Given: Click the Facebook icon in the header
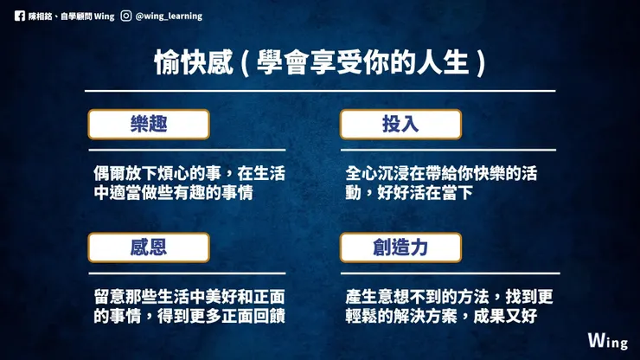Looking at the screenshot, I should pos(20,15).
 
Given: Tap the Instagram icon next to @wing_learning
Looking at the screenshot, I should pos(127,15).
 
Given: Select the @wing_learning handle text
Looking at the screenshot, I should pos(169,15).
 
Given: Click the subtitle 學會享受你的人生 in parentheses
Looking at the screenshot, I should pos(359,62).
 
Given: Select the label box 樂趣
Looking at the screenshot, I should pos(148,124).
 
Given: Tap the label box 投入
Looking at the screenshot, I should pos(400,124).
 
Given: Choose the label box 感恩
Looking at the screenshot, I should pos(148,247).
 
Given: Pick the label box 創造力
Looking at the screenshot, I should pos(400,247).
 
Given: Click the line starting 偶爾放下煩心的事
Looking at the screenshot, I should pos(189,173).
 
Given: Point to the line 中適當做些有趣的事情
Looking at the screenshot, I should pos(173,193).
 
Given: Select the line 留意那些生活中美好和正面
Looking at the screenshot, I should pos(189,297).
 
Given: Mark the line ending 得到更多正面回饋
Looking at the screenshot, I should pos(189,317).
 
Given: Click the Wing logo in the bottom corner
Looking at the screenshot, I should pos(607,340).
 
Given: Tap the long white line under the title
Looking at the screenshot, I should pos(320,91).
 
